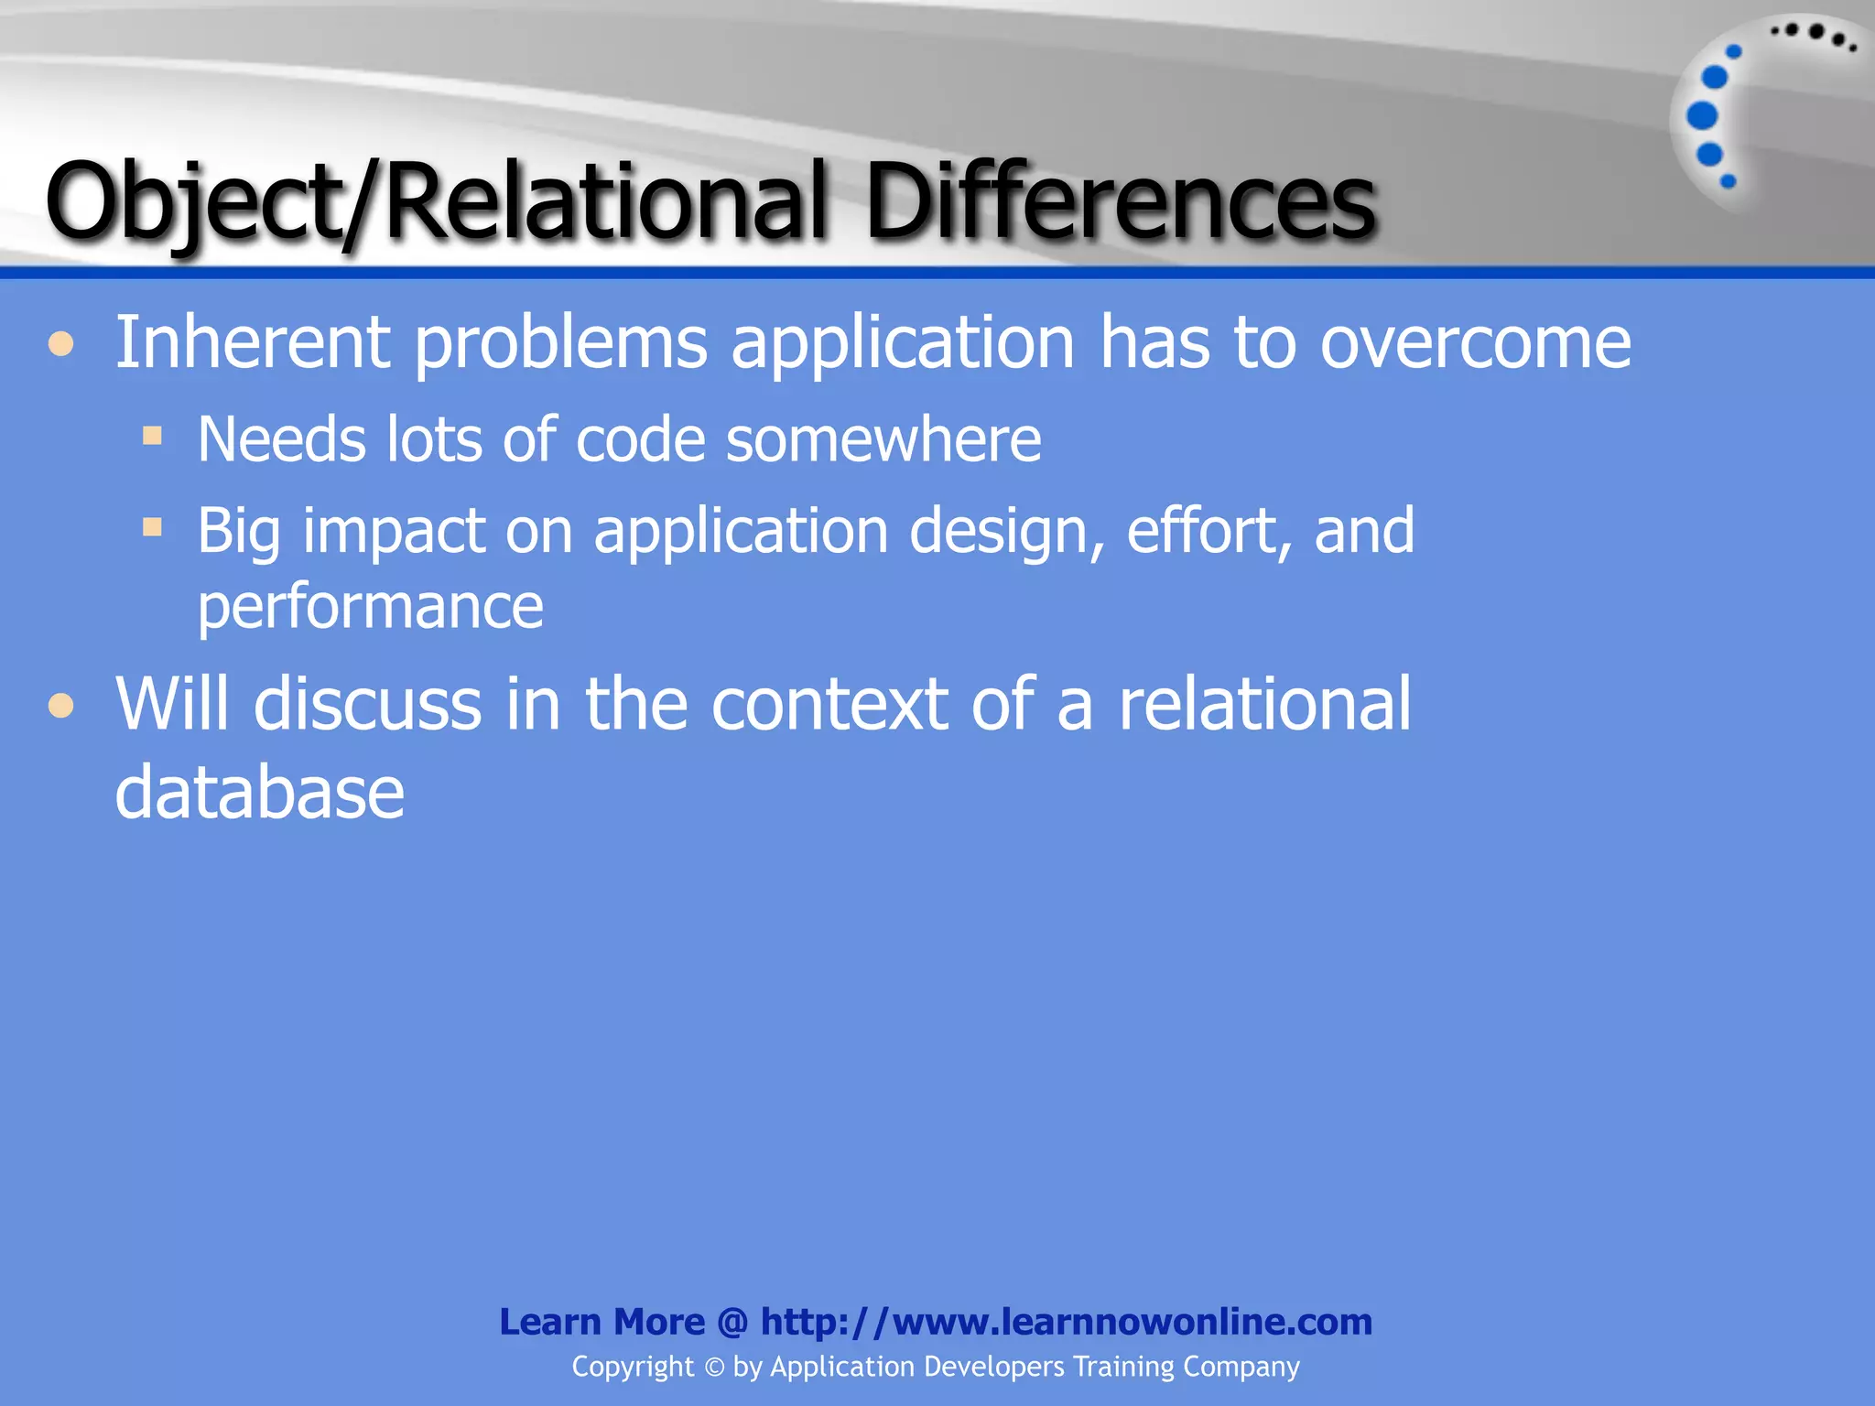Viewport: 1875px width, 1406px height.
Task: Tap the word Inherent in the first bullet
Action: pos(253,342)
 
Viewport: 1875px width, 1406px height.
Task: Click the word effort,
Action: pos(1208,531)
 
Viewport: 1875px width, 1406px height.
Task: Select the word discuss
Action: pos(367,704)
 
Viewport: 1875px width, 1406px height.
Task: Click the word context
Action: pos(829,706)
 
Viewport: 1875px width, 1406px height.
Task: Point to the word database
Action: pos(259,793)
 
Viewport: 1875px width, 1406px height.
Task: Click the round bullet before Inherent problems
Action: pos(61,344)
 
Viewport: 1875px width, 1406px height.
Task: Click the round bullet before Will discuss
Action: pos(61,706)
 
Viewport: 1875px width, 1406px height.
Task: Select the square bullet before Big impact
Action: pos(152,526)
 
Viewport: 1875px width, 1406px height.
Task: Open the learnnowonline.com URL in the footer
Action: pos(1066,1322)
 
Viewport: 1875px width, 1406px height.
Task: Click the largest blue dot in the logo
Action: pos(1702,116)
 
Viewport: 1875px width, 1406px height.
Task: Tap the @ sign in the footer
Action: pos(732,1323)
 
